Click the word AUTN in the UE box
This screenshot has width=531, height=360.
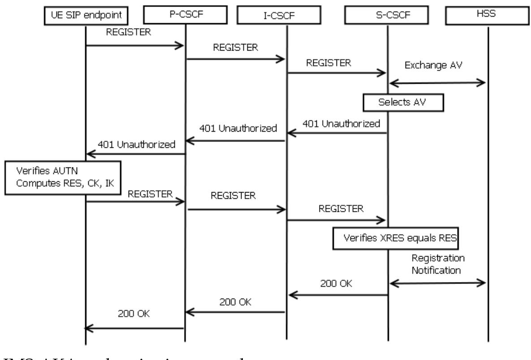tap(58, 172)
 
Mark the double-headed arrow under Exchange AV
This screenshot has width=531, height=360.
tap(437, 82)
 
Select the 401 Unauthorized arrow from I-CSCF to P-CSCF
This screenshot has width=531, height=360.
tap(235, 141)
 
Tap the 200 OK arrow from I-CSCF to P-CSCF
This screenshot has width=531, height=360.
tap(235, 312)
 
